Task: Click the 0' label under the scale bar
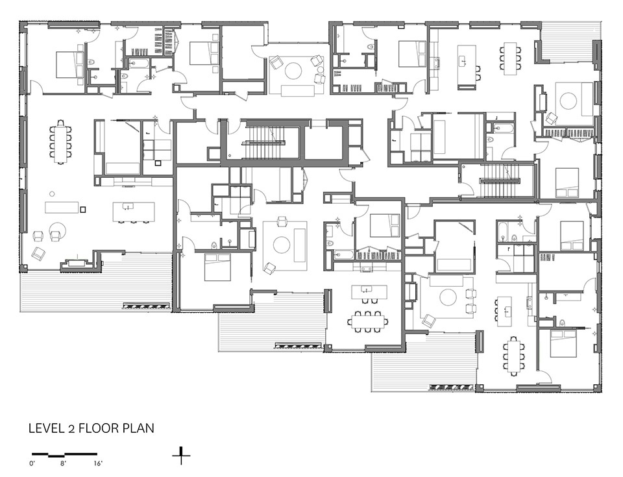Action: click(x=32, y=463)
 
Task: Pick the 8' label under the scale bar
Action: click(x=64, y=463)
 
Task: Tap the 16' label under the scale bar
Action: click(x=98, y=463)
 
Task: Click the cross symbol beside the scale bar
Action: click(x=181, y=456)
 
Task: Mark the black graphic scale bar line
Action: click(x=64, y=454)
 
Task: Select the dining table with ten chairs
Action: click(x=61, y=142)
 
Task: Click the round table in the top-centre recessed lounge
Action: click(x=293, y=71)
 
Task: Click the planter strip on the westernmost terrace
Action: click(x=146, y=306)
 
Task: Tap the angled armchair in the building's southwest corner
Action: click(x=38, y=254)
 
